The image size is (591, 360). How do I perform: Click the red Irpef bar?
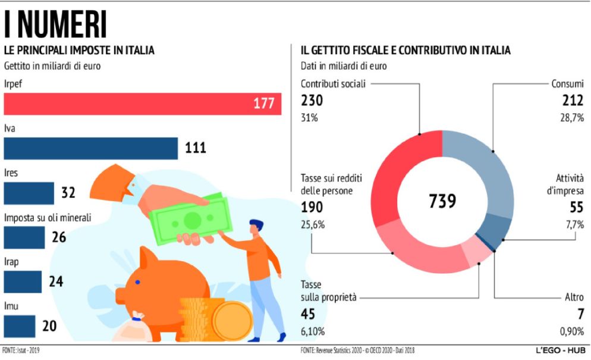point(143,104)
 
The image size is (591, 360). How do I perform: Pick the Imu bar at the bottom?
point(20,325)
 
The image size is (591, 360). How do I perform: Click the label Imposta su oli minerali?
point(48,218)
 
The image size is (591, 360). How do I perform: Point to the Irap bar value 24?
point(56,281)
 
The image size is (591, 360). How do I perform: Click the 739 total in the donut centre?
point(442,201)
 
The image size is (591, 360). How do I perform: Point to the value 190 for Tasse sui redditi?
point(313,206)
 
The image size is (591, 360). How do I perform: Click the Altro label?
point(574,296)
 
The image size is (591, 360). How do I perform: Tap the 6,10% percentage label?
point(313,331)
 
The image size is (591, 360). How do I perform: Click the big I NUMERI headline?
point(56,25)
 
